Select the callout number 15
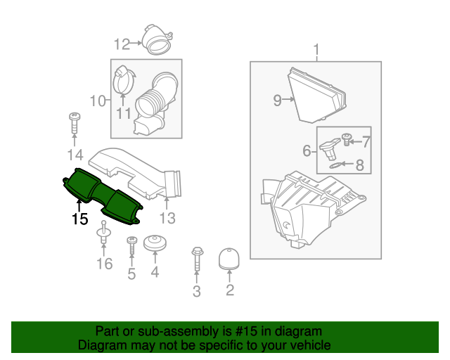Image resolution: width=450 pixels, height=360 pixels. (x=79, y=219)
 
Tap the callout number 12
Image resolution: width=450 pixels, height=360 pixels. (x=122, y=44)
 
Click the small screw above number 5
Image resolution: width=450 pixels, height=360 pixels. (x=131, y=245)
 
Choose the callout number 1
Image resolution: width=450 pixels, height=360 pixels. (x=316, y=50)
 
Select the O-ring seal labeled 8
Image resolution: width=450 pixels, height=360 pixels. (x=337, y=165)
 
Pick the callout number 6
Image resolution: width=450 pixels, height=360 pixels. (x=307, y=150)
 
